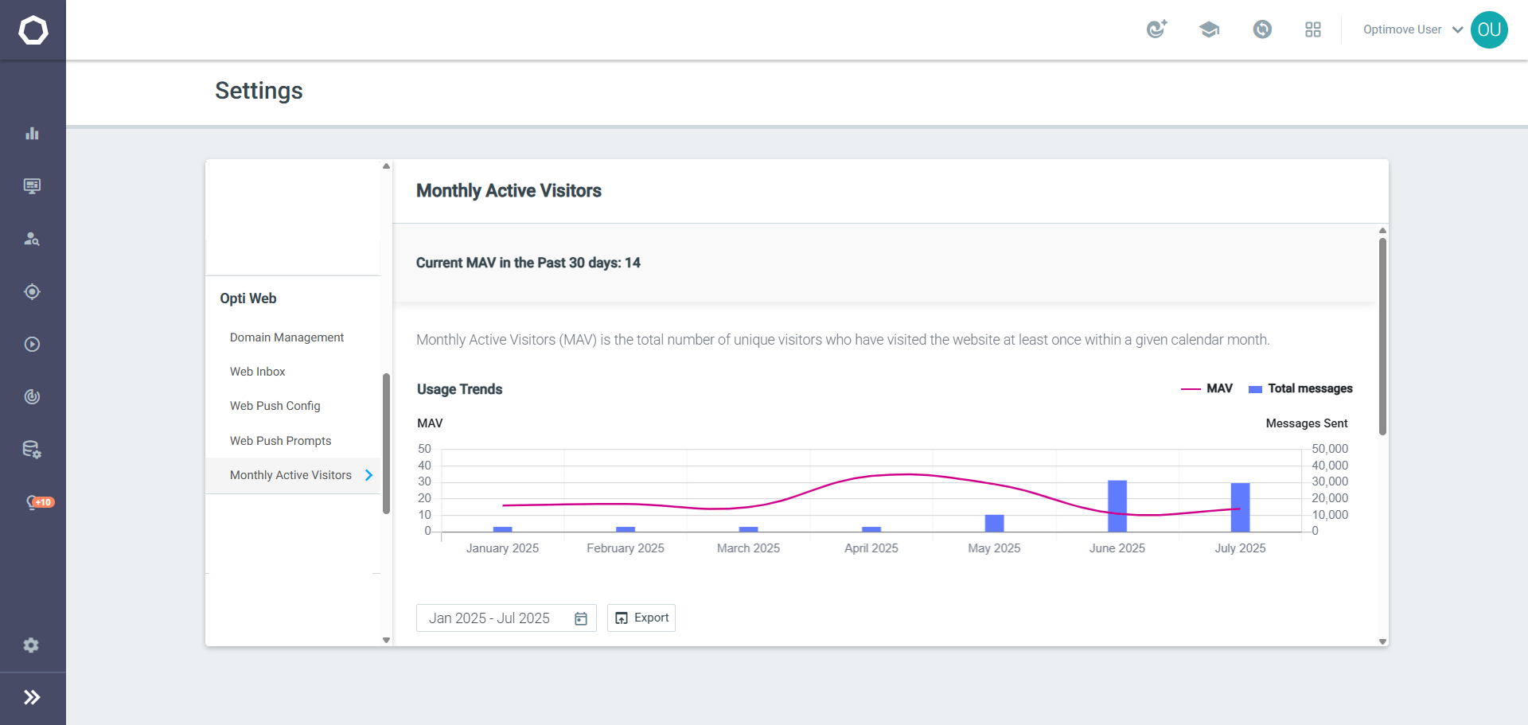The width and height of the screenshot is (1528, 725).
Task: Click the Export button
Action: point(641,618)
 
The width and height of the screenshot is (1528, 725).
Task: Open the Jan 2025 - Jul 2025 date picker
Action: point(506,618)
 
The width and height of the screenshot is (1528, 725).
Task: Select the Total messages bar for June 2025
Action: point(1117,506)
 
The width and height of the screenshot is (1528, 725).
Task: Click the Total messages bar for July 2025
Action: point(1240,508)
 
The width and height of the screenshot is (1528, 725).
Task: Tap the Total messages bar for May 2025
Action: point(994,524)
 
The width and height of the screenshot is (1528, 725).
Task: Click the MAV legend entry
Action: point(1206,388)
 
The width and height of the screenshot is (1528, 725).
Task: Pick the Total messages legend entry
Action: point(1300,388)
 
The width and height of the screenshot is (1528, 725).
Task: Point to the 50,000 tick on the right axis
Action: point(1330,449)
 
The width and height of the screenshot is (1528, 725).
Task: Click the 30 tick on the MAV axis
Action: point(425,481)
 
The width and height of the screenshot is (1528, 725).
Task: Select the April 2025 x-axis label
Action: point(871,548)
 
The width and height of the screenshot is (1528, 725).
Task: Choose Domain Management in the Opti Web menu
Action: point(286,337)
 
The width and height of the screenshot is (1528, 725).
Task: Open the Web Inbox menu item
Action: point(257,372)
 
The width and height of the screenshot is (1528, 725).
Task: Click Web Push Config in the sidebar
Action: point(275,406)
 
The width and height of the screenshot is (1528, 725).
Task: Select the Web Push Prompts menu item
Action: point(280,441)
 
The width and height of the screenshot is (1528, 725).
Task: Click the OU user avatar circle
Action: point(1489,30)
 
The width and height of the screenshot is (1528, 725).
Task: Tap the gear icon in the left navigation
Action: point(31,645)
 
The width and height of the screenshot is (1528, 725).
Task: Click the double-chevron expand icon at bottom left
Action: point(32,698)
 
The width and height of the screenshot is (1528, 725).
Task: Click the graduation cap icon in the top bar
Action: point(1209,30)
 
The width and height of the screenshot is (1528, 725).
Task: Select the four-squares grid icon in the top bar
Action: point(1313,29)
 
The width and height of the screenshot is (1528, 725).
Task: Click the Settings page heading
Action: point(259,91)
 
